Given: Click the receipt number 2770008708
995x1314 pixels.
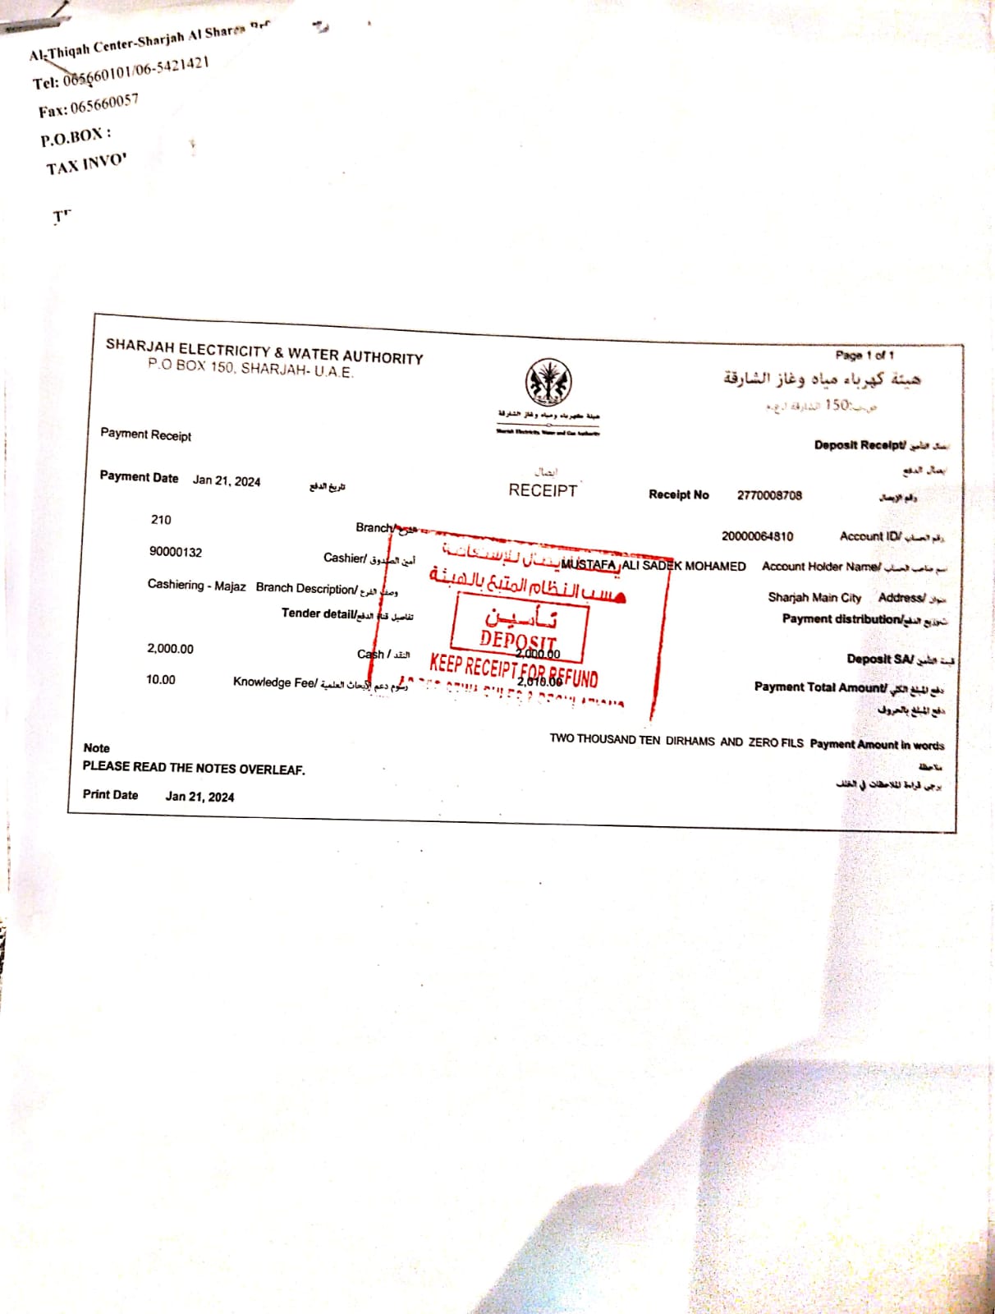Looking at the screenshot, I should [x=769, y=495].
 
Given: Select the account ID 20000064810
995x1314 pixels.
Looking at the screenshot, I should [x=757, y=536].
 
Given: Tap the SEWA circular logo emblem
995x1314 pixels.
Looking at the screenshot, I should [x=548, y=382].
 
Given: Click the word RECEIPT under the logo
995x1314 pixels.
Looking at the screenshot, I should [x=543, y=490].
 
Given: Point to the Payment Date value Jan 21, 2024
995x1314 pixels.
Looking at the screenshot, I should [x=227, y=481].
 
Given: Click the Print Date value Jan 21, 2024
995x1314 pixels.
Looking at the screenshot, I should [x=199, y=797].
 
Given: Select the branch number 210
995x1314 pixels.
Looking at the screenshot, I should [x=161, y=520].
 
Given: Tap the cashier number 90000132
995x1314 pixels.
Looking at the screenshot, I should [x=175, y=552].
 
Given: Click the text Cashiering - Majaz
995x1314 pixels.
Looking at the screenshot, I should [x=196, y=586].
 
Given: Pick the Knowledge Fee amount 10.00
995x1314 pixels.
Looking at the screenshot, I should [x=161, y=680].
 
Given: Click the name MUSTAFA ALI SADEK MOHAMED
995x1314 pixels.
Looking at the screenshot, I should [x=653, y=566].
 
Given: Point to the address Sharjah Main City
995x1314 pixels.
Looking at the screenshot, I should [x=814, y=597].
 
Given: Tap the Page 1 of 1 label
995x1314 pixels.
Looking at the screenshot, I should [x=864, y=356].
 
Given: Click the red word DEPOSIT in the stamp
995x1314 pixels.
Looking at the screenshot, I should [x=518, y=639].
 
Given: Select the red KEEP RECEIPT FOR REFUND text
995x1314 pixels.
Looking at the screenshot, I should [x=513, y=670].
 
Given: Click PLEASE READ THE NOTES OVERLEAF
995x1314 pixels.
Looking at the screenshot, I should [x=194, y=768].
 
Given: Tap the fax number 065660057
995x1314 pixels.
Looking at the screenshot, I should [x=104, y=104].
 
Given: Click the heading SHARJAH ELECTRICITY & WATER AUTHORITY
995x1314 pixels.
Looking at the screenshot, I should [x=264, y=351].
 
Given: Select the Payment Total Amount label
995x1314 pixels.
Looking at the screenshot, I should [x=820, y=687].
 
